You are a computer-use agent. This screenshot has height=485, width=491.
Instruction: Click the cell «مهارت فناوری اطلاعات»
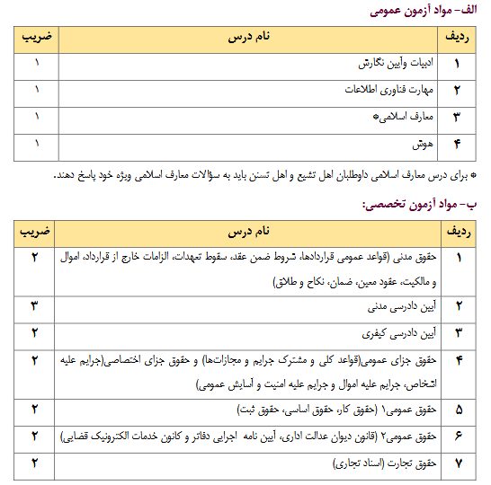[389, 91]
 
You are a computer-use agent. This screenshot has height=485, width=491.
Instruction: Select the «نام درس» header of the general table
[247, 39]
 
